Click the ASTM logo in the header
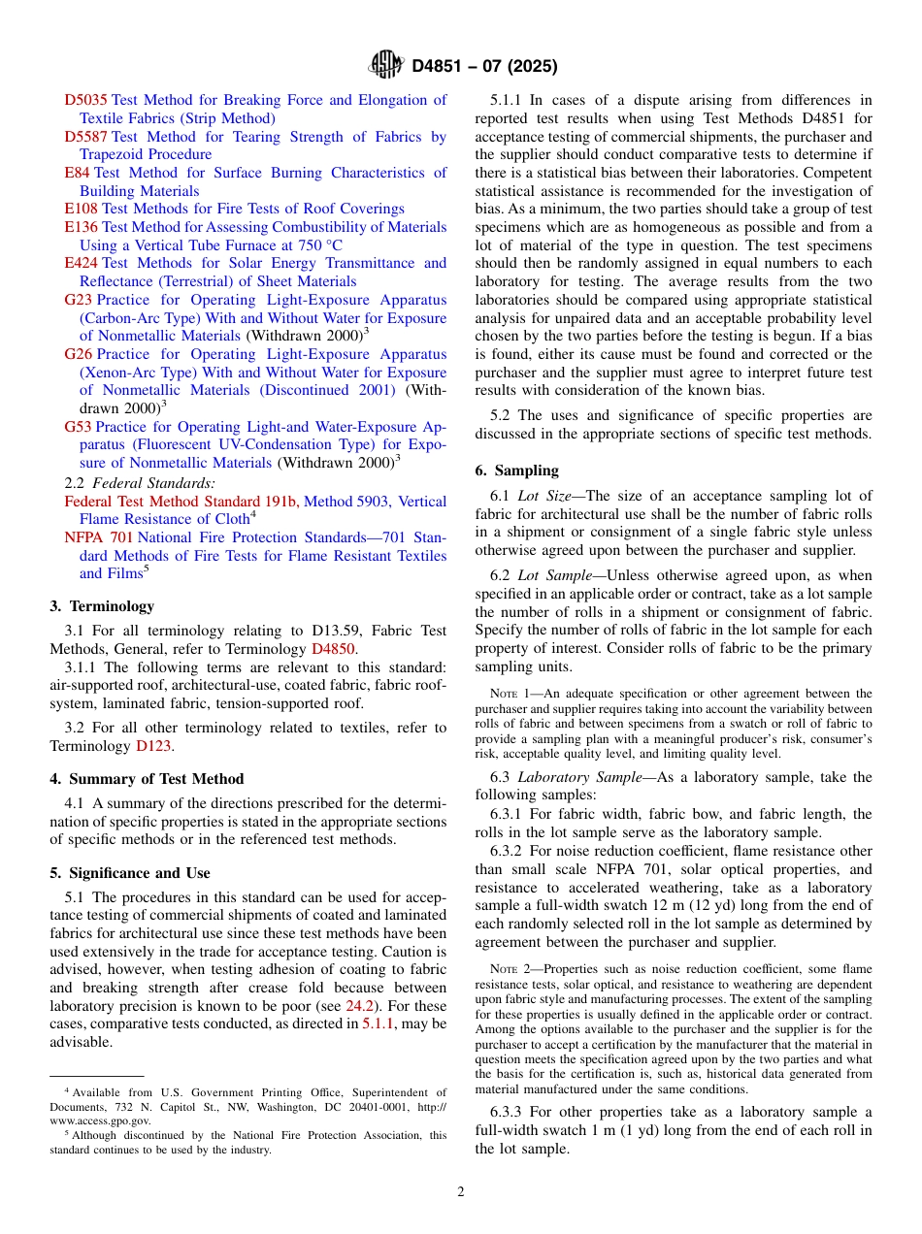386,66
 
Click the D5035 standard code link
86,100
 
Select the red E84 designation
77,173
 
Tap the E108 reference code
81,209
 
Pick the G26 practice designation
79,354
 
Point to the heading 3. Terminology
102,606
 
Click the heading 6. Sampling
516,471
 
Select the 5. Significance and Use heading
130,873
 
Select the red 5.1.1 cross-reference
378,1024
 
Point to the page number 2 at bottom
461,1192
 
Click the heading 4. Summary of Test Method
147,779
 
